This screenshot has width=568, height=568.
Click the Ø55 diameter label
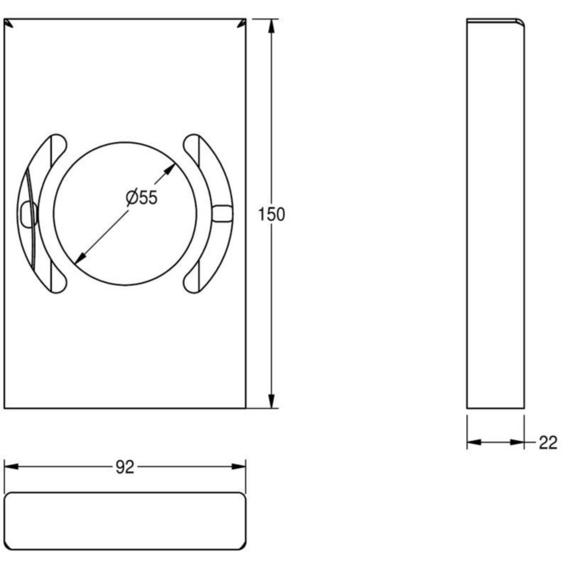(x=142, y=197)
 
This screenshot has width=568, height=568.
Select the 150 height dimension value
(x=272, y=214)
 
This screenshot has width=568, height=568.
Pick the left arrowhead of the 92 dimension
(x=12, y=467)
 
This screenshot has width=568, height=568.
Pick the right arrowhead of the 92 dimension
(x=239, y=467)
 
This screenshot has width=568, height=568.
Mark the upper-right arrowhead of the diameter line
(x=169, y=169)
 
